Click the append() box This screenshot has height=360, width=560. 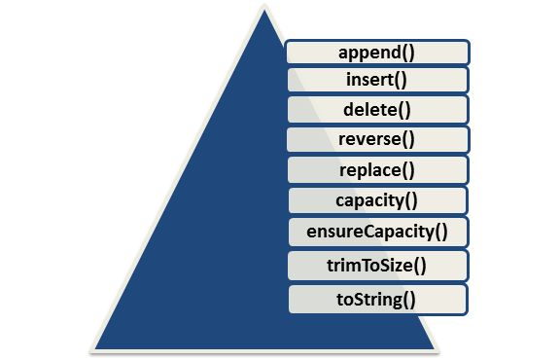coord(378,51)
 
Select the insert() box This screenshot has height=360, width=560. coord(378,80)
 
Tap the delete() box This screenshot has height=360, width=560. coord(378,109)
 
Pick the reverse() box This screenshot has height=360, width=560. coord(378,139)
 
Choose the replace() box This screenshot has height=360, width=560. coord(378,170)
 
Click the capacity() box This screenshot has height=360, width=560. coord(378,201)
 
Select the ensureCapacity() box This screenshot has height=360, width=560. coord(378,232)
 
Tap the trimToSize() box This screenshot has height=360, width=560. coord(378,264)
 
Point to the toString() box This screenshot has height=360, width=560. coord(378,298)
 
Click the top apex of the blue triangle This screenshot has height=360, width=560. coord(262,11)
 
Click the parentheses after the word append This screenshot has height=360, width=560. coord(410,52)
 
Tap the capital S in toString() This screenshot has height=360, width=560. coord(366,298)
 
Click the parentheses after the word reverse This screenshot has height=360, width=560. coord(410,139)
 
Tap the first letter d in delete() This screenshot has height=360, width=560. coord(349,109)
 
